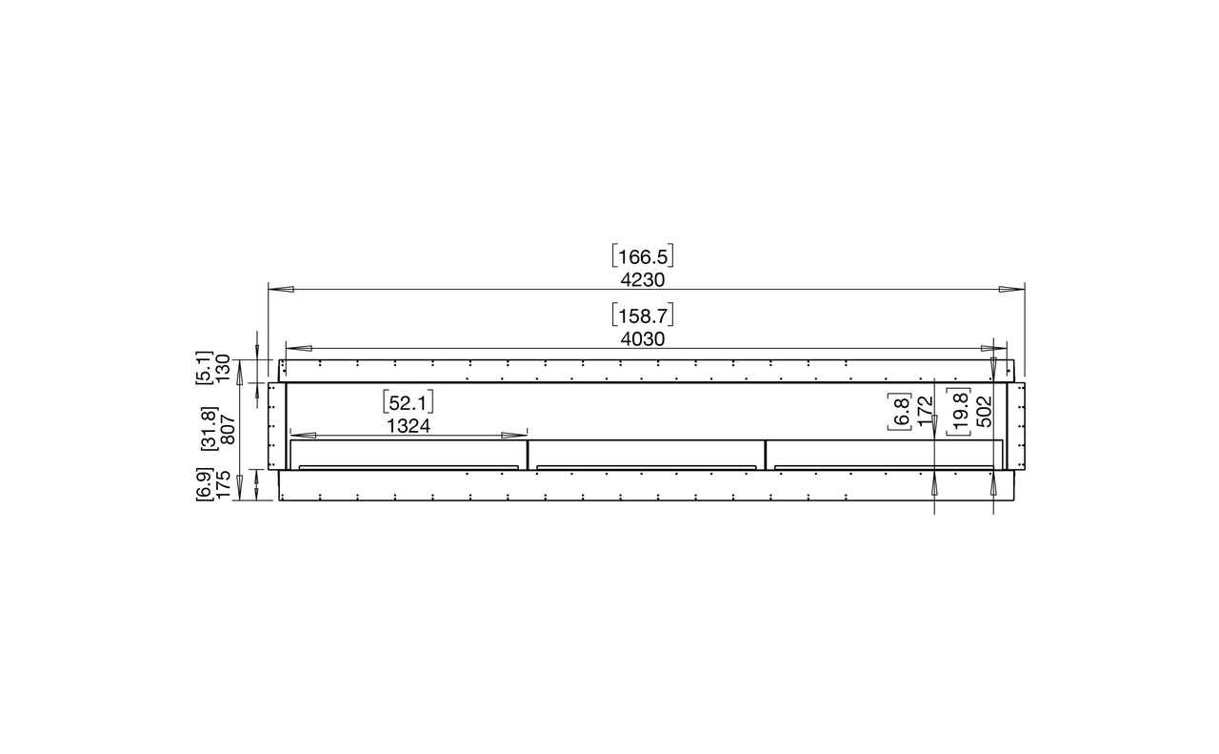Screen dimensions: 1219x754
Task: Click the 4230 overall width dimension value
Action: click(x=643, y=280)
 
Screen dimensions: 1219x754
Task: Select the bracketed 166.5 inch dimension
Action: click(x=643, y=256)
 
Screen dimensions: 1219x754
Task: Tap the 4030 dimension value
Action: click(x=643, y=339)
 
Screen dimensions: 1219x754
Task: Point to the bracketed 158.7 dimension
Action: click(x=643, y=316)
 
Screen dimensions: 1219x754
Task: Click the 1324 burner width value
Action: click(x=409, y=426)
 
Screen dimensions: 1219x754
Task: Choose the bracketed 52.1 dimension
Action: click(x=409, y=403)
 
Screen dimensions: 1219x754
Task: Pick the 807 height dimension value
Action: click(x=228, y=429)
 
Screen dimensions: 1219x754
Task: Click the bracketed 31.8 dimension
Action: click(x=210, y=428)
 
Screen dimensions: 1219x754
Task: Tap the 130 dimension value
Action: click(x=224, y=368)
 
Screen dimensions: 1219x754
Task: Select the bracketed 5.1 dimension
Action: click(x=205, y=368)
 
